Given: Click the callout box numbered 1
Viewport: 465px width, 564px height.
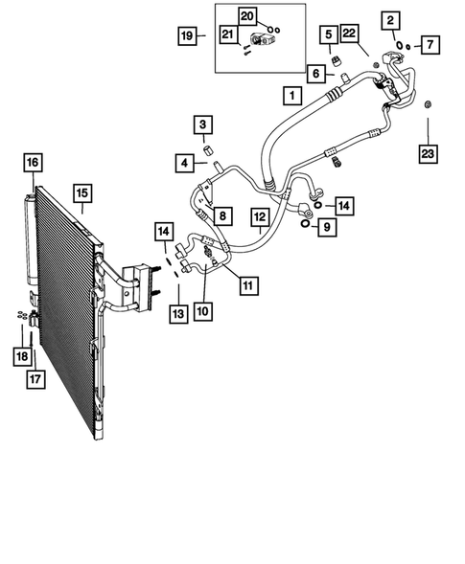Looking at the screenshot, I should point(289,95).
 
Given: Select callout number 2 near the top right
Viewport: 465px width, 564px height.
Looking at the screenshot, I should point(389,20).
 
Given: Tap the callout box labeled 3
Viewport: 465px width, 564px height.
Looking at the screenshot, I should point(202,124).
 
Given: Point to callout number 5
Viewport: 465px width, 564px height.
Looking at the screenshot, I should point(329,37).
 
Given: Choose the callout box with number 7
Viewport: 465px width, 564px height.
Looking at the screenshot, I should point(430,45).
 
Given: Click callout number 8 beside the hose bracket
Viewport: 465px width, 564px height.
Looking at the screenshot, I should point(221,215).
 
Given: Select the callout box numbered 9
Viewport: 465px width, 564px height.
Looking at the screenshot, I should point(327,227).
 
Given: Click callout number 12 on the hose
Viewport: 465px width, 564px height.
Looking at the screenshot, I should point(260,218).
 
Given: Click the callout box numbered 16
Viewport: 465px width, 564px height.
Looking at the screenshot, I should point(33,163).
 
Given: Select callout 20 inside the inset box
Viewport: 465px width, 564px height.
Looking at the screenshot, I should point(247,16).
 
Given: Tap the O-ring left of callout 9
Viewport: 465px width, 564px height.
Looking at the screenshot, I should point(305,225).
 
